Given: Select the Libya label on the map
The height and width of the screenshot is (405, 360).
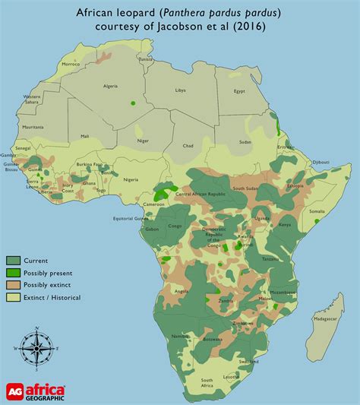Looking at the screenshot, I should click(x=202, y=90).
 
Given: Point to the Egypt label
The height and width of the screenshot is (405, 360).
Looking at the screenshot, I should click(x=261, y=91).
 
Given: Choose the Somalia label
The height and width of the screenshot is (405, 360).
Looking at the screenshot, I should click(x=317, y=210).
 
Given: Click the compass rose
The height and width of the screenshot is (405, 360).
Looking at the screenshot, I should click(x=31, y=347).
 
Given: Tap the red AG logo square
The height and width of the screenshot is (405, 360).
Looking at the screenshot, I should click(x=12, y=389).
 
